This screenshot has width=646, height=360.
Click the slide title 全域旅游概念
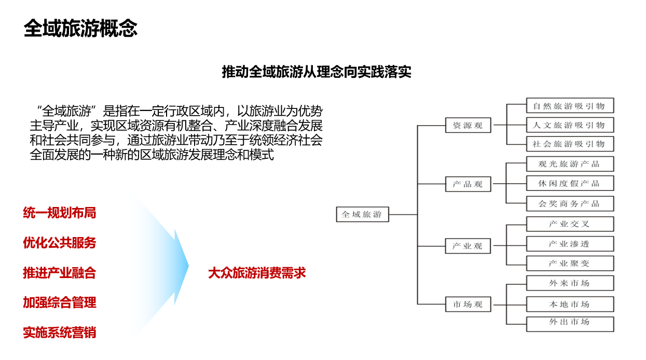(x=80, y=29)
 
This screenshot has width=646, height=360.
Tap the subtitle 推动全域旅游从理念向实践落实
(x=317, y=72)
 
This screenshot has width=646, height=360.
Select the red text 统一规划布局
(x=59, y=213)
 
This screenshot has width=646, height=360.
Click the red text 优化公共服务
(x=59, y=243)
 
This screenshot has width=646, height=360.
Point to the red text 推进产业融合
(x=59, y=273)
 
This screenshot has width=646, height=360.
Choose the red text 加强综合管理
(x=59, y=302)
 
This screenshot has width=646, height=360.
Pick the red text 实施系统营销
(x=59, y=333)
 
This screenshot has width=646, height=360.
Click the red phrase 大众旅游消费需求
(x=257, y=273)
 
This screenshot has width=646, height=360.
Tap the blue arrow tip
(x=188, y=266)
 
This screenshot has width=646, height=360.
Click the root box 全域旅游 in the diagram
(x=363, y=214)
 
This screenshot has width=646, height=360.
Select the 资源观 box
(x=468, y=125)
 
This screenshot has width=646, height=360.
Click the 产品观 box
(x=468, y=184)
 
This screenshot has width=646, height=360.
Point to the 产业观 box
(x=468, y=246)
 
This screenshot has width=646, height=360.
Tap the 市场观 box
(x=468, y=304)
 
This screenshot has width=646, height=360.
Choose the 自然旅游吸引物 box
(x=570, y=105)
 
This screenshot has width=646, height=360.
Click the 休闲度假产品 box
(x=570, y=183)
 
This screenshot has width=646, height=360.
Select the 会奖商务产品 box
(x=570, y=204)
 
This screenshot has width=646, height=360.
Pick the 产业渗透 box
(x=570, y=244)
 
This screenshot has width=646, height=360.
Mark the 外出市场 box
(x=570, y=324)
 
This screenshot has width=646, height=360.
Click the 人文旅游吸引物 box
(x=570, y=125)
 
